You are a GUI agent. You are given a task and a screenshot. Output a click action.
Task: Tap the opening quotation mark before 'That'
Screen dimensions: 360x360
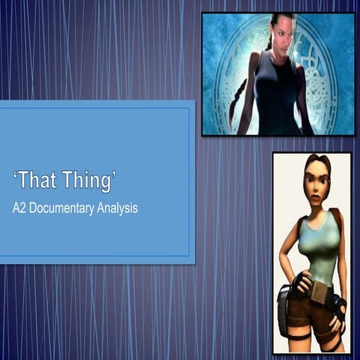(x=14, y=175)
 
